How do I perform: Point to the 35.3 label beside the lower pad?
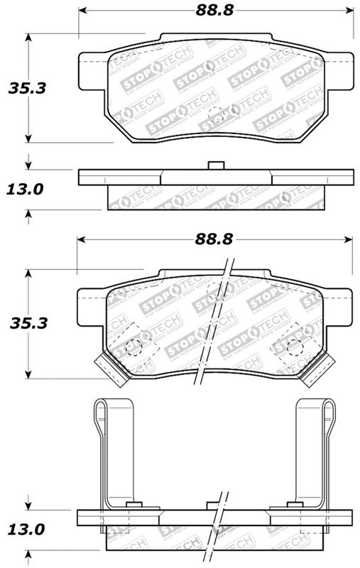[x=23, y=322]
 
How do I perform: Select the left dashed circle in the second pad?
[x=131, y=346]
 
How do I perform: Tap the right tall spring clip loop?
[x=323, y=412]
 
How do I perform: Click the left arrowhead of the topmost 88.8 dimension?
[x=80, y=11]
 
